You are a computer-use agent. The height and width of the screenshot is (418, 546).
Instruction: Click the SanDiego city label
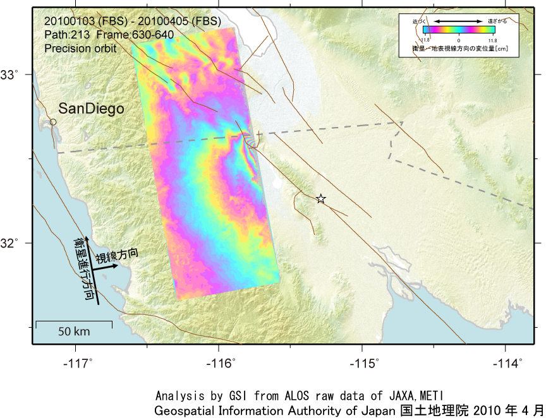coord(91,109)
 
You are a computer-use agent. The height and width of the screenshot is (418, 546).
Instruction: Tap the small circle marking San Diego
coord(53,122)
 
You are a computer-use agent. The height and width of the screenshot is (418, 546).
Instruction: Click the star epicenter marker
coord(321,199)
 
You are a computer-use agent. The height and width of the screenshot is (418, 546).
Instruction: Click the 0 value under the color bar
coord(459,40)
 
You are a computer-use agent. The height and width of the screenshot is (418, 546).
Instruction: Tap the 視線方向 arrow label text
coord(116,255)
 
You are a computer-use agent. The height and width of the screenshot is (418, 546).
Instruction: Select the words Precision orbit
coord(81,47)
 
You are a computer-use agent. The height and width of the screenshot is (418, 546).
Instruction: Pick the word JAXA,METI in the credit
coord(424,396)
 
